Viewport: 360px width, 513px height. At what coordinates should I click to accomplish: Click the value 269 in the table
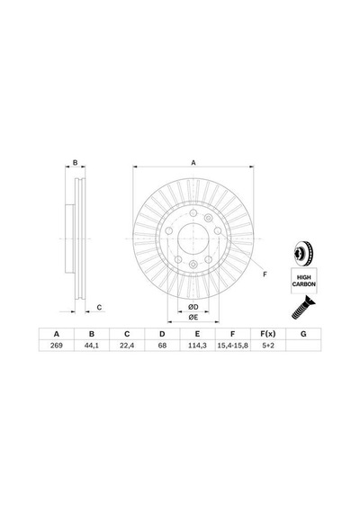[57, 346]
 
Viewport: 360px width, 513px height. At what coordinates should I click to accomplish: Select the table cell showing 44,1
[92, 346]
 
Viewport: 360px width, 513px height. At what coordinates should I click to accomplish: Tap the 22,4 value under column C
[127, 346]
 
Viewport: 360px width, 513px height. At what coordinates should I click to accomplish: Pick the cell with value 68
[162, 346]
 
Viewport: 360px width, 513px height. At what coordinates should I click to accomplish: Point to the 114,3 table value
[197, 346]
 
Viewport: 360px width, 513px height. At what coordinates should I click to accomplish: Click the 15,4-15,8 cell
[233, 346]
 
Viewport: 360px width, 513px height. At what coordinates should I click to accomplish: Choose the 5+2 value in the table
[268, 346]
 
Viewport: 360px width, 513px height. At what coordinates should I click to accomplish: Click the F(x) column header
[268, 334]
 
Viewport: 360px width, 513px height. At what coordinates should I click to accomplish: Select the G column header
[303, 334]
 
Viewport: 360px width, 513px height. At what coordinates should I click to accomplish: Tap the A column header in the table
[57, 334]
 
